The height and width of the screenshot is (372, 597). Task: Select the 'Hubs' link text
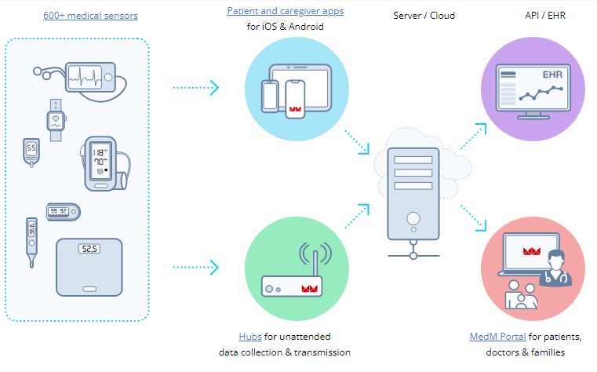(x=250, y=336)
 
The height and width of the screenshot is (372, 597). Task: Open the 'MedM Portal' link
(x=497, y=336)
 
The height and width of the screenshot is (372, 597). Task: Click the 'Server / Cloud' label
(x=424, y=16)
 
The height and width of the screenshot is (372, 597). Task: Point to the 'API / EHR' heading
(x=545, y=16)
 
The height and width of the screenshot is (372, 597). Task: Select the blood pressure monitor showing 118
(x=101, y=163)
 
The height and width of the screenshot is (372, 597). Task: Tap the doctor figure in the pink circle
(x=559, y=269)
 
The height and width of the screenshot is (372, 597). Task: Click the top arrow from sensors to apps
(x=195, y=86)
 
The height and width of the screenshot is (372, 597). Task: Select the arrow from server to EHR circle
(x=471, y=133)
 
